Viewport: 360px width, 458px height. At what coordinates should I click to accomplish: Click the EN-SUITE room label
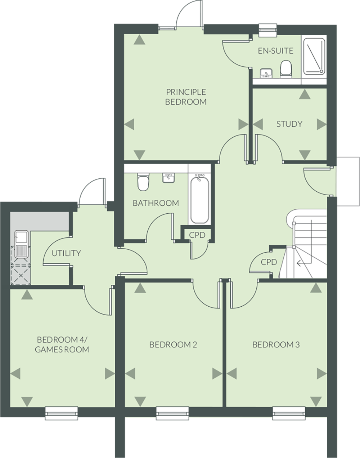click(276, 51)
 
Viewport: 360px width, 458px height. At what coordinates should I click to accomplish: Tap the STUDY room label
click(289, 124)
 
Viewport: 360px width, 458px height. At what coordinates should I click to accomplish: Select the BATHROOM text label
click(156, 203)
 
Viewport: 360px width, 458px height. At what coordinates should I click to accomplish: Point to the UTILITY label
click(66, 253)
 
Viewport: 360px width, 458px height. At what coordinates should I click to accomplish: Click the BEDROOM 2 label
click(173, 344)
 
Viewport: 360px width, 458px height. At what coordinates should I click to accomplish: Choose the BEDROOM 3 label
click(276, 344)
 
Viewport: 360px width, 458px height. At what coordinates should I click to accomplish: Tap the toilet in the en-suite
click(285, 70)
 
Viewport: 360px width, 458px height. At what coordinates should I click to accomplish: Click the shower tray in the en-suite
click(314, 57)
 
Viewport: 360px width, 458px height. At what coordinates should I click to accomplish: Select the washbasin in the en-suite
click(266, 73)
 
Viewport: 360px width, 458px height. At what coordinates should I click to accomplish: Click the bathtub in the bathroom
click(199, 199)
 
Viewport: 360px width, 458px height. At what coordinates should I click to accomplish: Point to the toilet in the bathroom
click(143, 182)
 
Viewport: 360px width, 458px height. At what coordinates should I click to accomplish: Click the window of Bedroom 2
click(172, 413)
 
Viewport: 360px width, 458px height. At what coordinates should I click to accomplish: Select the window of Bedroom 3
click(289, 413)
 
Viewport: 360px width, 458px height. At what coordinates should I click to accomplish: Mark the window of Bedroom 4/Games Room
click(62, 413)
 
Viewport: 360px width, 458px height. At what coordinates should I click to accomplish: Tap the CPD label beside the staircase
click(269, 262)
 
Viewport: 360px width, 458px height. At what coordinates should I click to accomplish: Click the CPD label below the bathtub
click(197, 235)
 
